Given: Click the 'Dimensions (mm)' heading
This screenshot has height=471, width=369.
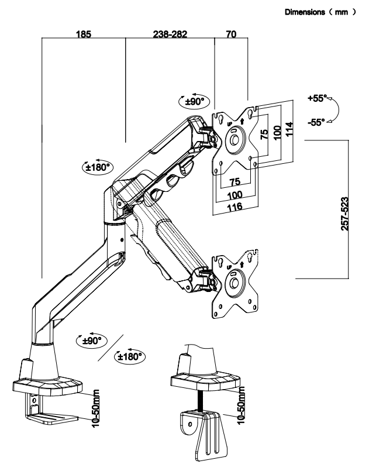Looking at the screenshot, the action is tap(320, 12).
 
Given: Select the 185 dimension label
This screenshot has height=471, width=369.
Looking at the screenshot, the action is tap(83, 34).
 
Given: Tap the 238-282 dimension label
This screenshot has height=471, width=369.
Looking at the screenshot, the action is tap(170, 34).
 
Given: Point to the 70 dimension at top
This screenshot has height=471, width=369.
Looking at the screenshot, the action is tap(231, 34).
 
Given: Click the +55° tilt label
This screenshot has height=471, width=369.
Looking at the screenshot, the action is tap(317, 98).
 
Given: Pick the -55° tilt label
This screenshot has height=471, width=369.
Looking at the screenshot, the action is tap(316, 122).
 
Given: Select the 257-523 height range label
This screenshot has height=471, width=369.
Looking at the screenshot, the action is tap(345, 214).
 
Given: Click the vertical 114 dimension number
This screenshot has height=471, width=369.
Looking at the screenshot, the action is tap(289, 129).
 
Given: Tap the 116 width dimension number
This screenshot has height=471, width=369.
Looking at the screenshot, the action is tap(234, 207).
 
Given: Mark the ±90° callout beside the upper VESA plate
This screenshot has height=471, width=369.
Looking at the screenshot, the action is tap(194, 101).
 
